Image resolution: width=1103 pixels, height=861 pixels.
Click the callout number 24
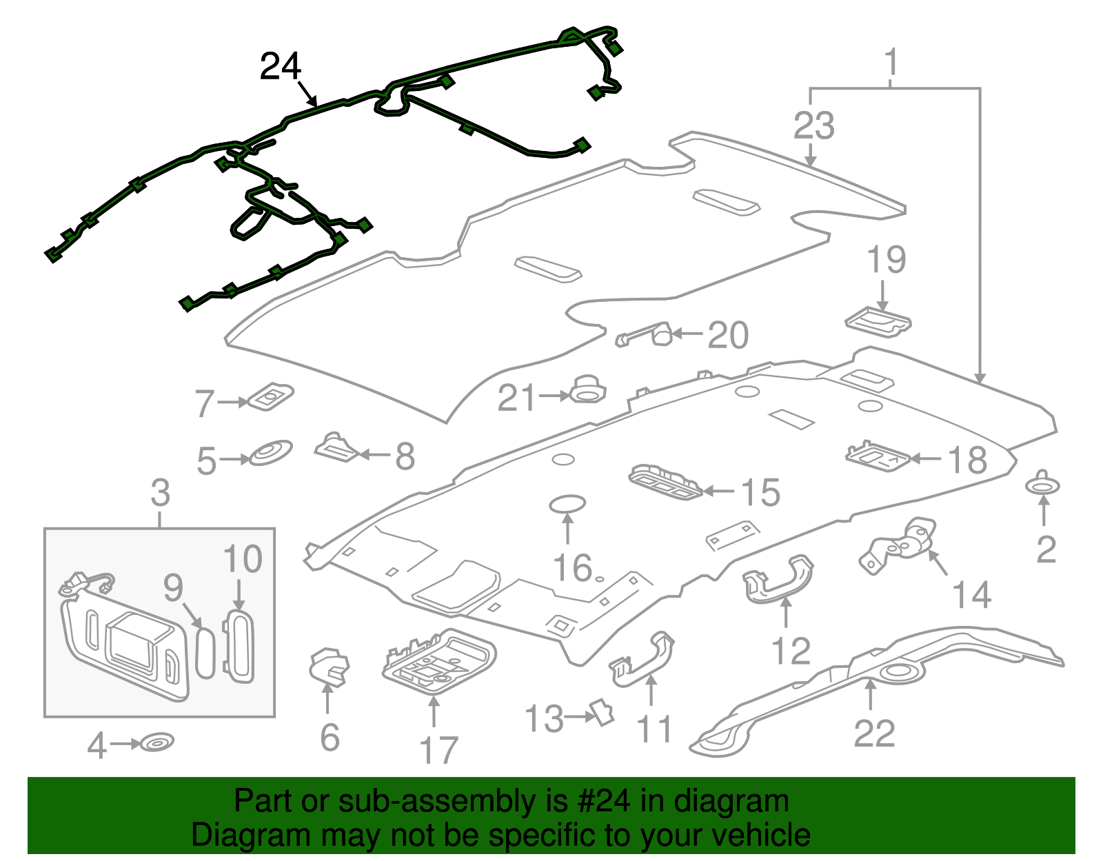pos(281,67)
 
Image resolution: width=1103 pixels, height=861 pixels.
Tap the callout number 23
pos(813,126)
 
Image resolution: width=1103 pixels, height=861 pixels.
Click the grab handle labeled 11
pos(642,659)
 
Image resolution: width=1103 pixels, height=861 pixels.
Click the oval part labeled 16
pos(567,505)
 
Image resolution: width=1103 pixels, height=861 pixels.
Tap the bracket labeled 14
pos(900,545)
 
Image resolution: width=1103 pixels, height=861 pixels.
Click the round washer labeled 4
pos(157,742)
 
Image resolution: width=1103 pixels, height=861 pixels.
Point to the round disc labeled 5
pos(270,453)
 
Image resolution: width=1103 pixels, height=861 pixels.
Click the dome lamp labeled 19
pos(878,322)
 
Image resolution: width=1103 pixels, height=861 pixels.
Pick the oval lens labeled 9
pos(205,652)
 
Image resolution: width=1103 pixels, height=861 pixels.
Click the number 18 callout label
pos(968,460)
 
